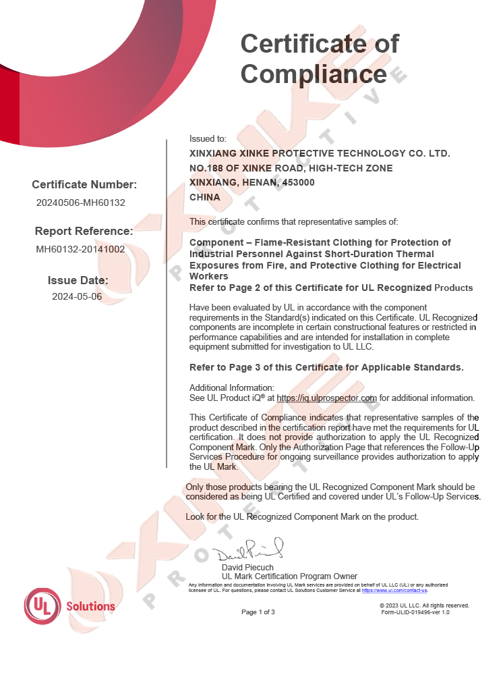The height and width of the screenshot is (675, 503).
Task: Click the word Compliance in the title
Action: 314,74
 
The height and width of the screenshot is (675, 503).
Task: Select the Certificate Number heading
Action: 84,185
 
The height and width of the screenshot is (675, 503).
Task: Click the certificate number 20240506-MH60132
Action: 81,202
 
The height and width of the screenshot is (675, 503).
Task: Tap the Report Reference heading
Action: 84,231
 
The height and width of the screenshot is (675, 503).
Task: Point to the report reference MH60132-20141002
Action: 80,248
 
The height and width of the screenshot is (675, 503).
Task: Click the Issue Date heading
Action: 78,280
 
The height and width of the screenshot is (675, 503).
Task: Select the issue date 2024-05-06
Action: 77,296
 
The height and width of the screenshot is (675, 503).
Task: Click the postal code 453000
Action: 297,182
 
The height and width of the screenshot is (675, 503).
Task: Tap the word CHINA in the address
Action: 205,197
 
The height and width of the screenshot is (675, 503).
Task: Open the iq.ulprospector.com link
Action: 326,398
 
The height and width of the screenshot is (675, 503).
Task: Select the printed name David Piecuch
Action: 247,568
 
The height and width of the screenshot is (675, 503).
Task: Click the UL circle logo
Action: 43,605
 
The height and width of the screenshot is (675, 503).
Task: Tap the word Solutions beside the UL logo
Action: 90,606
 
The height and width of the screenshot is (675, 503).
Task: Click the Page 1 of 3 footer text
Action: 258,612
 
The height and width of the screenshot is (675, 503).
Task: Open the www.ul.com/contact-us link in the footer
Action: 394,590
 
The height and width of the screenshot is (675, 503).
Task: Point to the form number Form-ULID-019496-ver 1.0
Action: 415,612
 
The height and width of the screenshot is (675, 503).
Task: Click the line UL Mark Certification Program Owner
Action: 289,576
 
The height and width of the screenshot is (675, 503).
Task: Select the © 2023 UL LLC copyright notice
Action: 424,605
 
